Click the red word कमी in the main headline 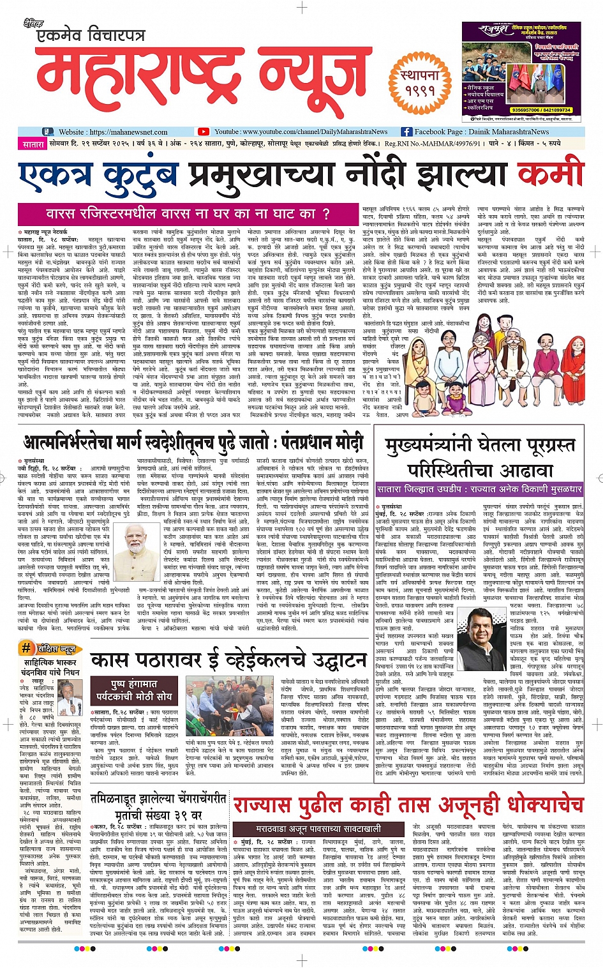pos(550,174)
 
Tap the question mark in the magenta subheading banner pos(326,213)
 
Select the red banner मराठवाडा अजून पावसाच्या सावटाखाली pos(319,829)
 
